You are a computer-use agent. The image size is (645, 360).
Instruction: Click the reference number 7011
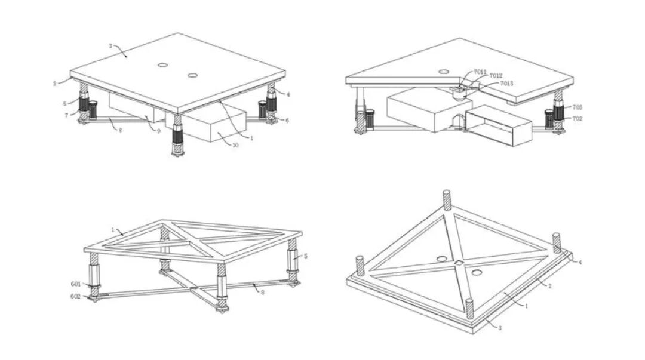480,72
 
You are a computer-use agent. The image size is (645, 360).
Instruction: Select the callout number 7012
496,76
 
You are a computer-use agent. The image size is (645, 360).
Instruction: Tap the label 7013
506,84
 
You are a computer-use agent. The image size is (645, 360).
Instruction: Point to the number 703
578,107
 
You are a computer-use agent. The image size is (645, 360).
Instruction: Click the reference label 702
578,118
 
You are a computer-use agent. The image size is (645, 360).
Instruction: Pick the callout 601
76,285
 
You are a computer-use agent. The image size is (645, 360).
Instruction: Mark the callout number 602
76,296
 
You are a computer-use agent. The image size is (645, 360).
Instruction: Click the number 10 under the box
235,145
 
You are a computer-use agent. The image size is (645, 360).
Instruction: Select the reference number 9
159,131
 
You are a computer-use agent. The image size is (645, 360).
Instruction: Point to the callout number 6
287,120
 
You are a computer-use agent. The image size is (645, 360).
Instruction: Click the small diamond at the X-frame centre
458,262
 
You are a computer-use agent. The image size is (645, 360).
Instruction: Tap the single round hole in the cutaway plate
444,72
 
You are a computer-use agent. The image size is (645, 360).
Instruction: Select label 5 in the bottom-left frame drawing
305,256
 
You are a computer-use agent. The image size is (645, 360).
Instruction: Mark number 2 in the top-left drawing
54,84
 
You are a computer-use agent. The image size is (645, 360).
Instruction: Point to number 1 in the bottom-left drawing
112,229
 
